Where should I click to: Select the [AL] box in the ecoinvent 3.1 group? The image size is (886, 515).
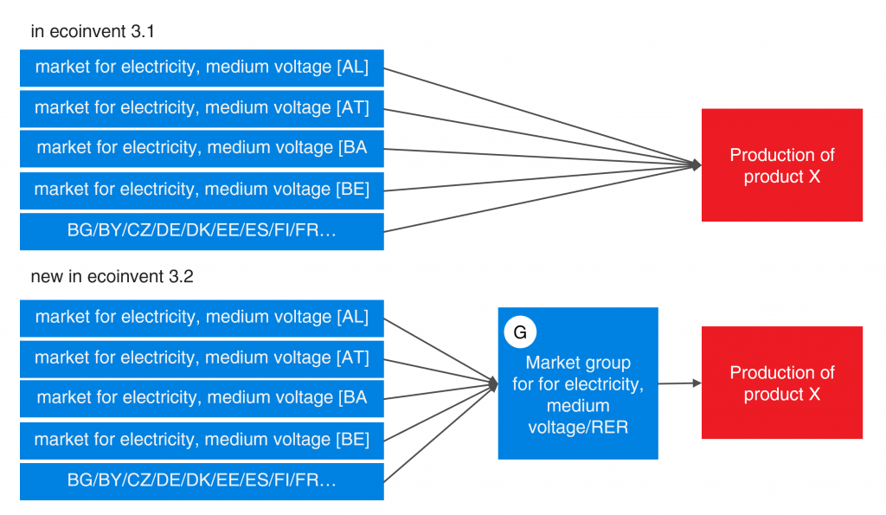point(202,68)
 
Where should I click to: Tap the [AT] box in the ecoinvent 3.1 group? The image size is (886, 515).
point(202,108)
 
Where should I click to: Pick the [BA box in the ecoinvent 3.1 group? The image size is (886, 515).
point(202,148)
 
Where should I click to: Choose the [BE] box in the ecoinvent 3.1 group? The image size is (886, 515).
point(202,190)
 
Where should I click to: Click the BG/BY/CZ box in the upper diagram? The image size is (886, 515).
point(202,231)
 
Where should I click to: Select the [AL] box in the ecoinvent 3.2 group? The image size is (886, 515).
point(202,318)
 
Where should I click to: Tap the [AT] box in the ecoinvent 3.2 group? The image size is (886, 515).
point(202,358)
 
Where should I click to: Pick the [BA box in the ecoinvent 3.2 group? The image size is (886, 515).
point(202,398)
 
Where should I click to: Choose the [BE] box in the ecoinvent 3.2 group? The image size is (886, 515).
point(202,440)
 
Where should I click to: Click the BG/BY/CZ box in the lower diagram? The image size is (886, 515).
point(202,481)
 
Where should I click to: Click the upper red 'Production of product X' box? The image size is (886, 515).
point(781,165)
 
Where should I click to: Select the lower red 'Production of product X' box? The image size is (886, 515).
point(781,383)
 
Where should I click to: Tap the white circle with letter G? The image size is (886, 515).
point(520,332)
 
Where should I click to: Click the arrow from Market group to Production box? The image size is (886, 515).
point(679,383)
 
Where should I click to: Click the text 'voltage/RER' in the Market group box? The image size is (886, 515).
point(577,427)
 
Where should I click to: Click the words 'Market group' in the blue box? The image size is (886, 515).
point(577,363)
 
